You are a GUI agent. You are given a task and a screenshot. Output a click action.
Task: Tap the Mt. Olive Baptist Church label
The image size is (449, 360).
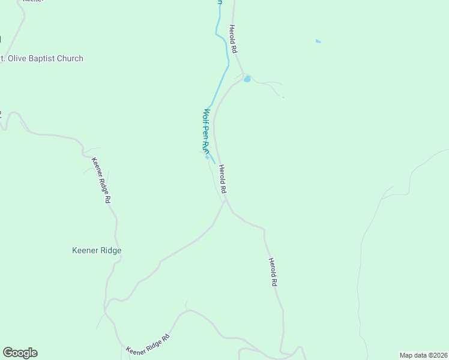click(x=42, y=58)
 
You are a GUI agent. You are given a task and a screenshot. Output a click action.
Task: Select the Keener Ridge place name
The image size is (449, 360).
click(x=97, y=250)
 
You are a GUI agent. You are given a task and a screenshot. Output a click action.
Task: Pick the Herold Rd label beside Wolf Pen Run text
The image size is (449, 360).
click(x=223, y=179)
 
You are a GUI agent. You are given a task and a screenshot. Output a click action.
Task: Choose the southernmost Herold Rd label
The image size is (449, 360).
click(x=273, y=272)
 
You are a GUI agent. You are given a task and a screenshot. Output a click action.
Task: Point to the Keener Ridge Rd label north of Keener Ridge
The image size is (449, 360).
click(x=101, y=181)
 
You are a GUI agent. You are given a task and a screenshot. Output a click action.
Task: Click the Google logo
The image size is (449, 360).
click(x=20, y=353)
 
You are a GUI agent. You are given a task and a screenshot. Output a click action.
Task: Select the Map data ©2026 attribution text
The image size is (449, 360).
click(x=423, y=355)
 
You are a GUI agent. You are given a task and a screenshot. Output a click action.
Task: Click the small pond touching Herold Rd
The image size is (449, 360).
click(x=247, y=79)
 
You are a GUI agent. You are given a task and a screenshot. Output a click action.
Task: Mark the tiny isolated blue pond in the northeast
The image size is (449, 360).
click(x=318, y=41)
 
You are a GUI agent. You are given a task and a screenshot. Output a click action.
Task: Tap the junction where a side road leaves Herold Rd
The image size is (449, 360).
click(x=226, y=201)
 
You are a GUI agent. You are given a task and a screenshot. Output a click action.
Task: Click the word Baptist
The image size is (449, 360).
click(x=46, y=58)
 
